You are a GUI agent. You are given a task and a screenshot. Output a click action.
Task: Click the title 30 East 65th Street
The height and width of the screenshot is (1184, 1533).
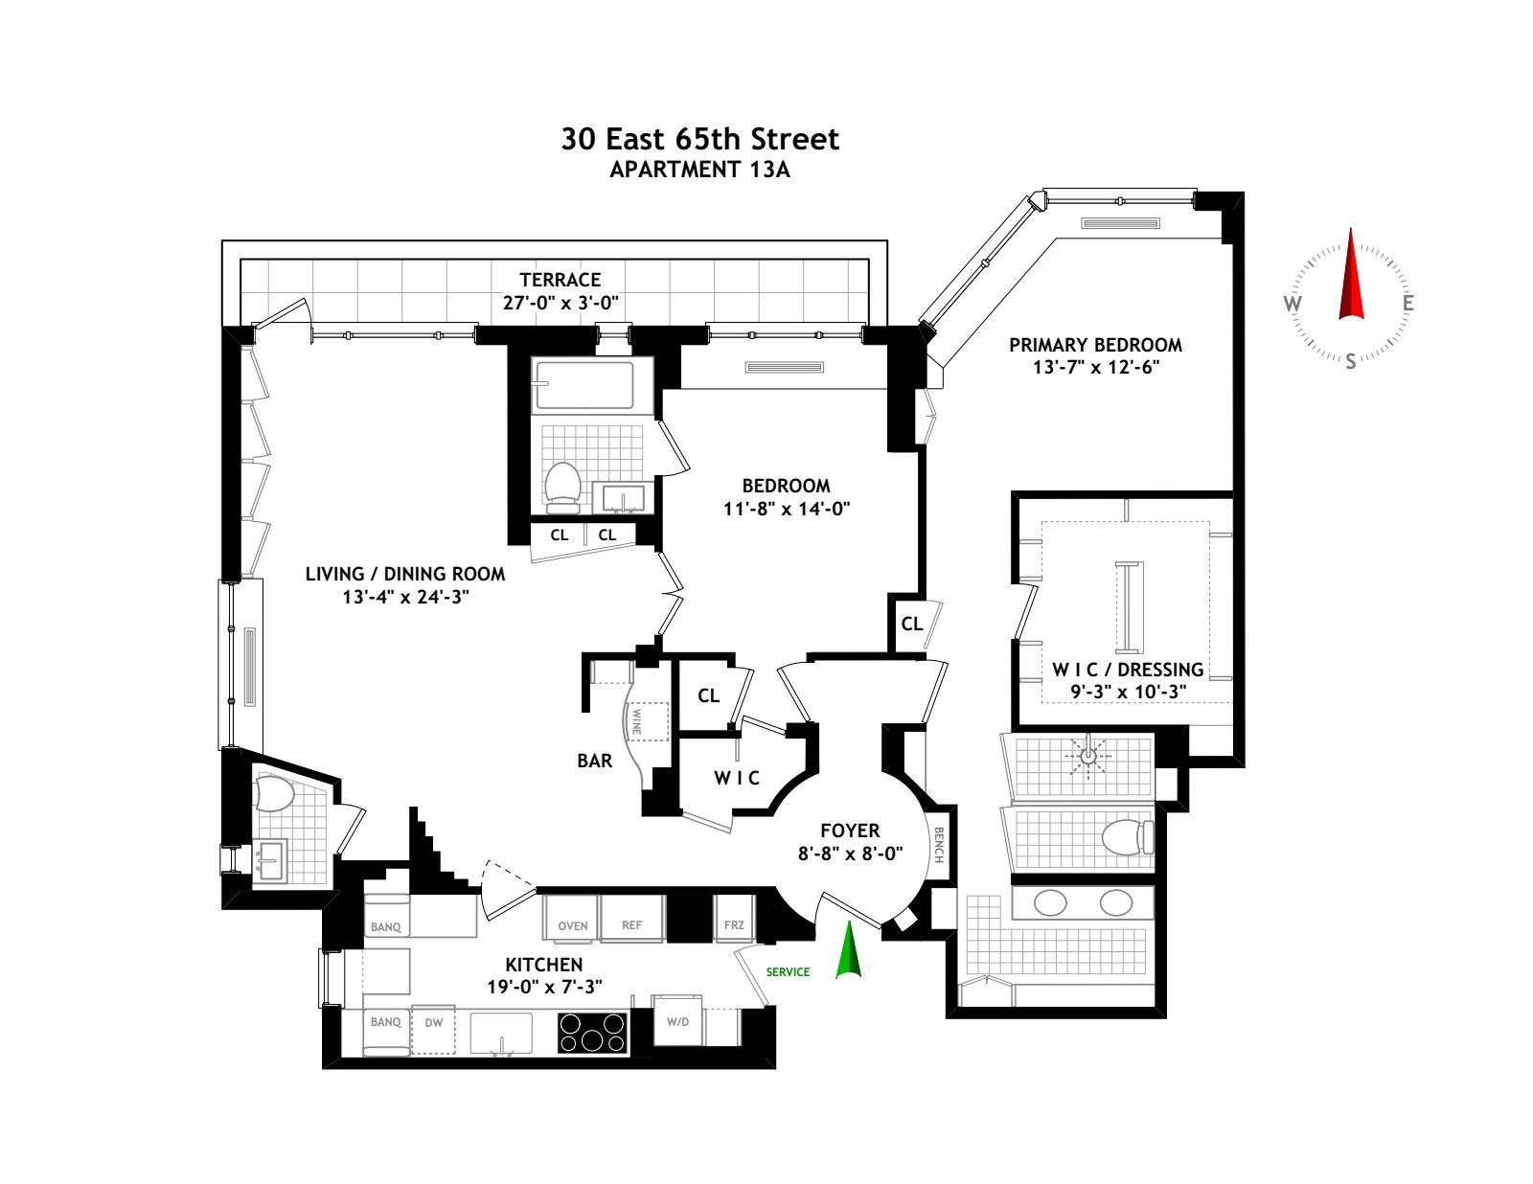(x=699, y=139)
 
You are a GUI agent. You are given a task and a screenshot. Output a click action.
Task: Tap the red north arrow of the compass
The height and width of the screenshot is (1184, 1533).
(x=1351, y=278)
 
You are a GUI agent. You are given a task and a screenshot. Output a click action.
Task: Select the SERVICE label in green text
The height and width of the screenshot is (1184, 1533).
(x=788, y=971)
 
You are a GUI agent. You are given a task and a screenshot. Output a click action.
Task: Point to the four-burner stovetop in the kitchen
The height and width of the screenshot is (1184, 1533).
(x=592, y=1033)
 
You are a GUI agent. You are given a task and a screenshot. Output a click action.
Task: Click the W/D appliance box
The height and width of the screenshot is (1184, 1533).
(x=677, y=1021)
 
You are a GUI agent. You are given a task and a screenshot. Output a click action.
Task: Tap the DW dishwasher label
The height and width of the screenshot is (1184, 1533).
(x=434, y=1023)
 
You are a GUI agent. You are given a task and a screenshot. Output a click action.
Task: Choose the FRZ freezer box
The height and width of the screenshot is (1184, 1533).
(x=734, y=924)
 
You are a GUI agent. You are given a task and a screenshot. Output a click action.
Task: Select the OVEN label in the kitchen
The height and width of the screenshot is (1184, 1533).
(x=573, y=925)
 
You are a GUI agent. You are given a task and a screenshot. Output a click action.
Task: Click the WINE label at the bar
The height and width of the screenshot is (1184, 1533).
(x=637, y=720)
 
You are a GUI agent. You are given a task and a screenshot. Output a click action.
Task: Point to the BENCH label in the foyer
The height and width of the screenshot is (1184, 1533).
(x=939, y=844)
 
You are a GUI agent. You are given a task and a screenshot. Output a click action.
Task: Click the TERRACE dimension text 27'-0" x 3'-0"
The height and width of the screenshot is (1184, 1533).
(x=561, y=303)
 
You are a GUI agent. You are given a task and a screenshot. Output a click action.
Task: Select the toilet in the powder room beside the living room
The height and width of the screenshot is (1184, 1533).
(x=274, y=794)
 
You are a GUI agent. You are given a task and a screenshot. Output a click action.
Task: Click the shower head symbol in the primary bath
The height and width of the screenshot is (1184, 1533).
(x=1087, y=756)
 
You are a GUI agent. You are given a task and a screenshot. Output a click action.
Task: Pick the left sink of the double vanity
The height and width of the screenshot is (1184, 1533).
(x=1051, y=902)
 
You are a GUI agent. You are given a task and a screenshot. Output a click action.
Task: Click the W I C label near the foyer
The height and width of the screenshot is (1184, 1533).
(x=737, y=778)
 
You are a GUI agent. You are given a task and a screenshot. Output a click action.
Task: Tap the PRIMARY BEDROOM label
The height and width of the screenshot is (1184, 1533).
(x=1095, y=345)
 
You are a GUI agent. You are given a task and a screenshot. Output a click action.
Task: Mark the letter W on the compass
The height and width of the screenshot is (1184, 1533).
(x=1292, y=305)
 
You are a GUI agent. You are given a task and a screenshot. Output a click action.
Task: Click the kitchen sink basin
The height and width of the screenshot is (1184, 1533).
(x=501, y=1033)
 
